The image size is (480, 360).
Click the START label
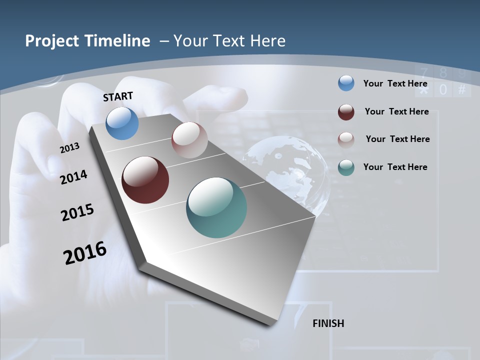pyautogui.click(x=118, y=96)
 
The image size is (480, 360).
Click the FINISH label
pyautogui.click(x=328, y=323)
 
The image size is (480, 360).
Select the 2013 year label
pyautogui.click(x=69, y=148)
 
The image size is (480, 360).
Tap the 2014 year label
pyautogui.click(x=74, y=177)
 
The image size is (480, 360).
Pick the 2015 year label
pyautogui.click(x=77, y=213)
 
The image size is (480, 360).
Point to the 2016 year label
pyautogui.click(x=85, y=253)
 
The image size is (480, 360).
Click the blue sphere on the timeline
pyautogui.click(x=122, y=123)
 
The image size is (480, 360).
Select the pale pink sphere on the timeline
pyautogui.click(x=189, y=140)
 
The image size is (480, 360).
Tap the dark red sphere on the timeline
pyautogui.click(x=145, y=180)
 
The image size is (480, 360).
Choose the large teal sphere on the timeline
pyautogui.click(x=216, y=207)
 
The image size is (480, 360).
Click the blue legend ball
pyautogui.click(x=346, y=83)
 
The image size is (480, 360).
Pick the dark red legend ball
pyautogui.click(x=346, y=112)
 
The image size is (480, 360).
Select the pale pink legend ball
pyautogui.click(x=346, y=140)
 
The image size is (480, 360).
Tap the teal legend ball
pyautogui.click(x=346, y=167)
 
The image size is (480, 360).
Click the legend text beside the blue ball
pyautogui.click(x=395, y=83)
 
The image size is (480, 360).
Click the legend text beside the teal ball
pyautogui.click(x=395, y=167)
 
